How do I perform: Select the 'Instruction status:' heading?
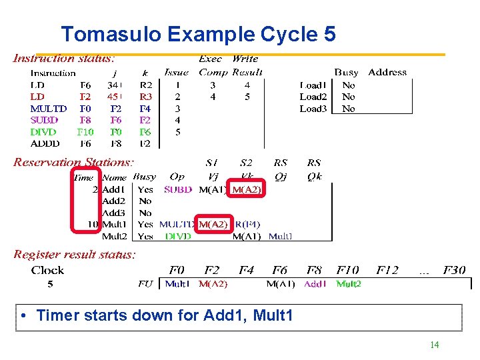tap(64, 59)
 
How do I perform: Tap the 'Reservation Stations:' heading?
tap(73, 162)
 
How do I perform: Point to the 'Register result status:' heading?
tap(75, 254)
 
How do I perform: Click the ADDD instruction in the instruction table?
tap(45, 143)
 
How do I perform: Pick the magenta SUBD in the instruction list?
tap(44, 120)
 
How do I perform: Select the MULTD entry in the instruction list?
tap(49, 109)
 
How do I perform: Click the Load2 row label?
tap(313, 97)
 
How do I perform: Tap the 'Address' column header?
tap(387, 72)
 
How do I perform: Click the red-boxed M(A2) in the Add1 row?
tap(247, 189)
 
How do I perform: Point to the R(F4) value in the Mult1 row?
tap(247, 224)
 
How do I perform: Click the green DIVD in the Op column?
tap(178, 236)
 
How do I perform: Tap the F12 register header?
tap(387, 270)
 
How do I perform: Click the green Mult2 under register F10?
tap(349, 283)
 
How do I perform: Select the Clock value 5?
tap(49, 283)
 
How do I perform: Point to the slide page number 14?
tap(434, 345)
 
